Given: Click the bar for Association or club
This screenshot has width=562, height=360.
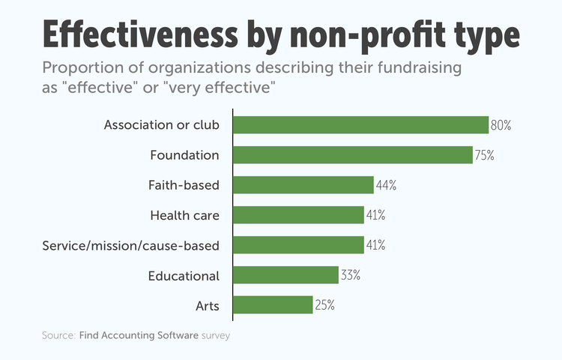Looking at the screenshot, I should [x=360, y=125].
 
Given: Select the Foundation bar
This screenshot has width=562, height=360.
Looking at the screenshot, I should [x=352, y=155].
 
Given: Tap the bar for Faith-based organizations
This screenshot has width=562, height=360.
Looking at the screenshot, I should [x=303, y=185].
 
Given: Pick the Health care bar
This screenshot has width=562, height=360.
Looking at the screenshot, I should [x=298, y=215].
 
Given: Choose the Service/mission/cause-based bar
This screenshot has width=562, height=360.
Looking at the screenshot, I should [x=298, y=245].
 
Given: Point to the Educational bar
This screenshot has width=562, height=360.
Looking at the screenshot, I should [x=285, y=275].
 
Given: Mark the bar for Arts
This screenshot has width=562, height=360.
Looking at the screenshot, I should [x=273, y=305].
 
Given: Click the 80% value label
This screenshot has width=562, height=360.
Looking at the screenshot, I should [x=501, y=125].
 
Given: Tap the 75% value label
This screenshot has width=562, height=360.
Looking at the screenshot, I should [x=484, y=155].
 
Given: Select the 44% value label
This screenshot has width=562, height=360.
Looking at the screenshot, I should [x=385, y=185].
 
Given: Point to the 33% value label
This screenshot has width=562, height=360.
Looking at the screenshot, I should [x=351, y=275].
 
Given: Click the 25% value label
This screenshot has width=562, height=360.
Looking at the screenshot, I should [x=324, y=305].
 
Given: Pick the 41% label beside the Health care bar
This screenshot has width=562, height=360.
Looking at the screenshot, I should [x=375, y=215].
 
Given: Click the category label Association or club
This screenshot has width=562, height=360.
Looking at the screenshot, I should [x=161, y=125].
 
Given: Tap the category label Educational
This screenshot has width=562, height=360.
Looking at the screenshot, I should [x=184, y=275].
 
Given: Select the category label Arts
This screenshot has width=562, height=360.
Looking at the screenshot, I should [x=206, y=305].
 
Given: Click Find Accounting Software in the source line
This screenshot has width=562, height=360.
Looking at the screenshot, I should [x=139, y=336].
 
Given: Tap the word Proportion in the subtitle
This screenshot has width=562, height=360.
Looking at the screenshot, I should [x=79, y=69].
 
